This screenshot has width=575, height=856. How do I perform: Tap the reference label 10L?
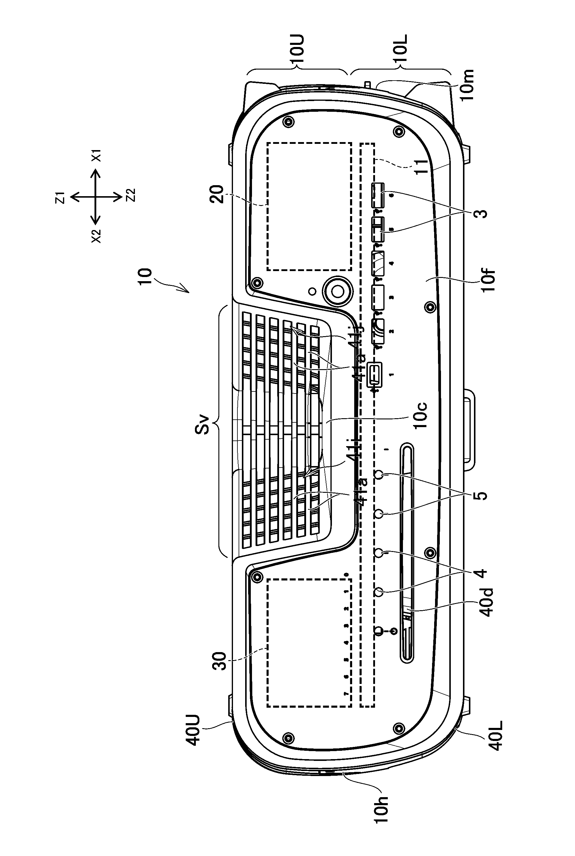(x=402, y=51)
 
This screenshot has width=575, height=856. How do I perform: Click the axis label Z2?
(x=130, y=195)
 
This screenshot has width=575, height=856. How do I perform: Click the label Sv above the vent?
(x=201, y=424)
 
